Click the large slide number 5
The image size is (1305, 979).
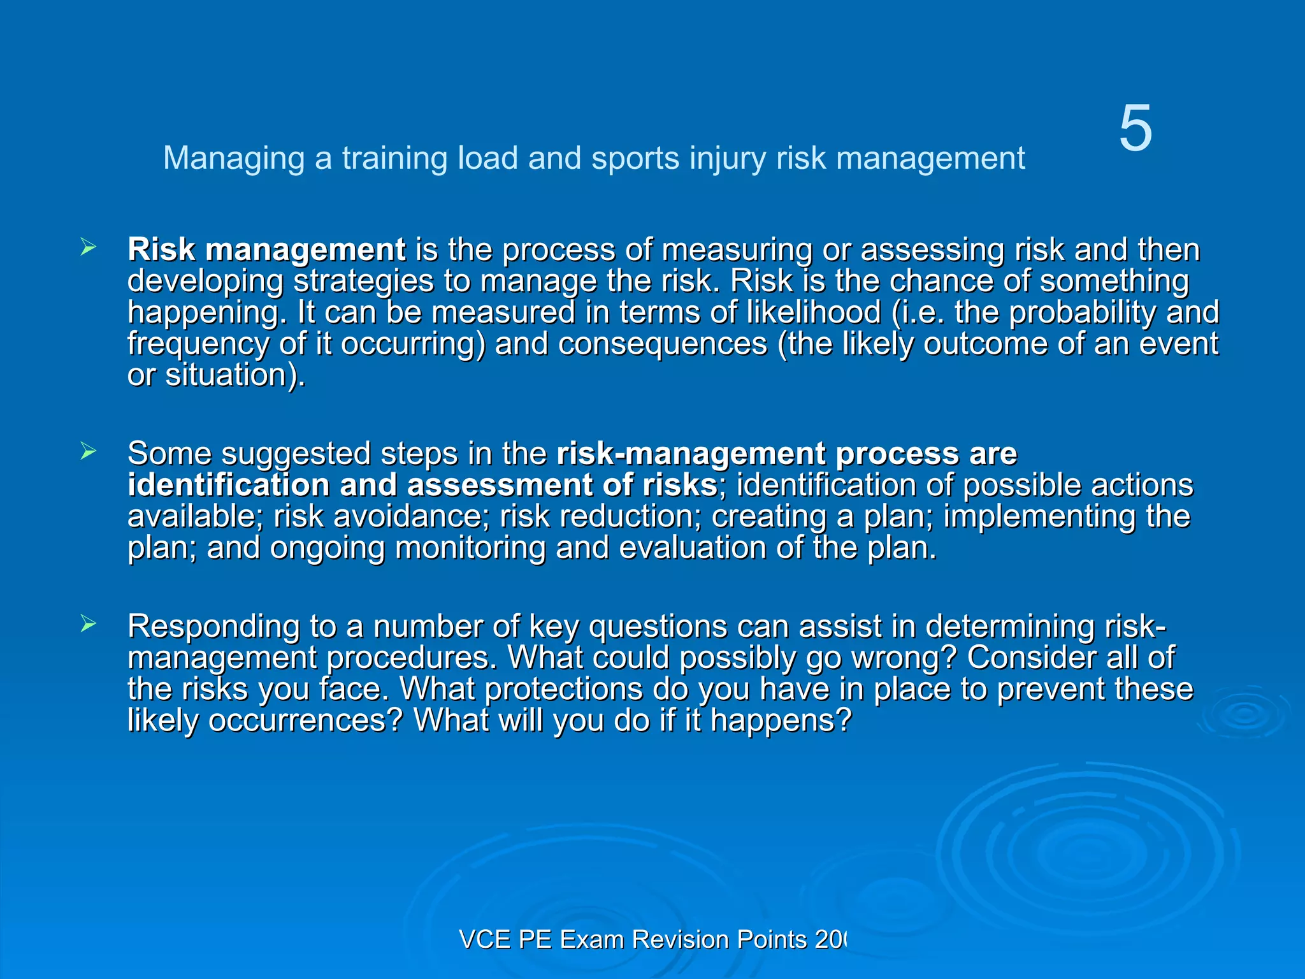pos(1136,129)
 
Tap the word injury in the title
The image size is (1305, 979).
pos(727,158)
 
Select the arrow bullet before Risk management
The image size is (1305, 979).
pos(89,247)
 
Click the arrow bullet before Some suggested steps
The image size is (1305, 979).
pos(89,452)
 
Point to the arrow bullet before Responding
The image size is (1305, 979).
pos(89,624)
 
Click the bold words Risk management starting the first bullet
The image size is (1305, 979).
pos(266,249)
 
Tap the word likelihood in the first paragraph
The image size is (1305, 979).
pos(814,312)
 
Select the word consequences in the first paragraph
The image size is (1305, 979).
pos(663,344)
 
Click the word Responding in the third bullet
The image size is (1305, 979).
pos(213,627)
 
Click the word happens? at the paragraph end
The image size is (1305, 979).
pos(781,721)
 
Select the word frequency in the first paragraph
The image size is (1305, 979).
pos(198,344)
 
